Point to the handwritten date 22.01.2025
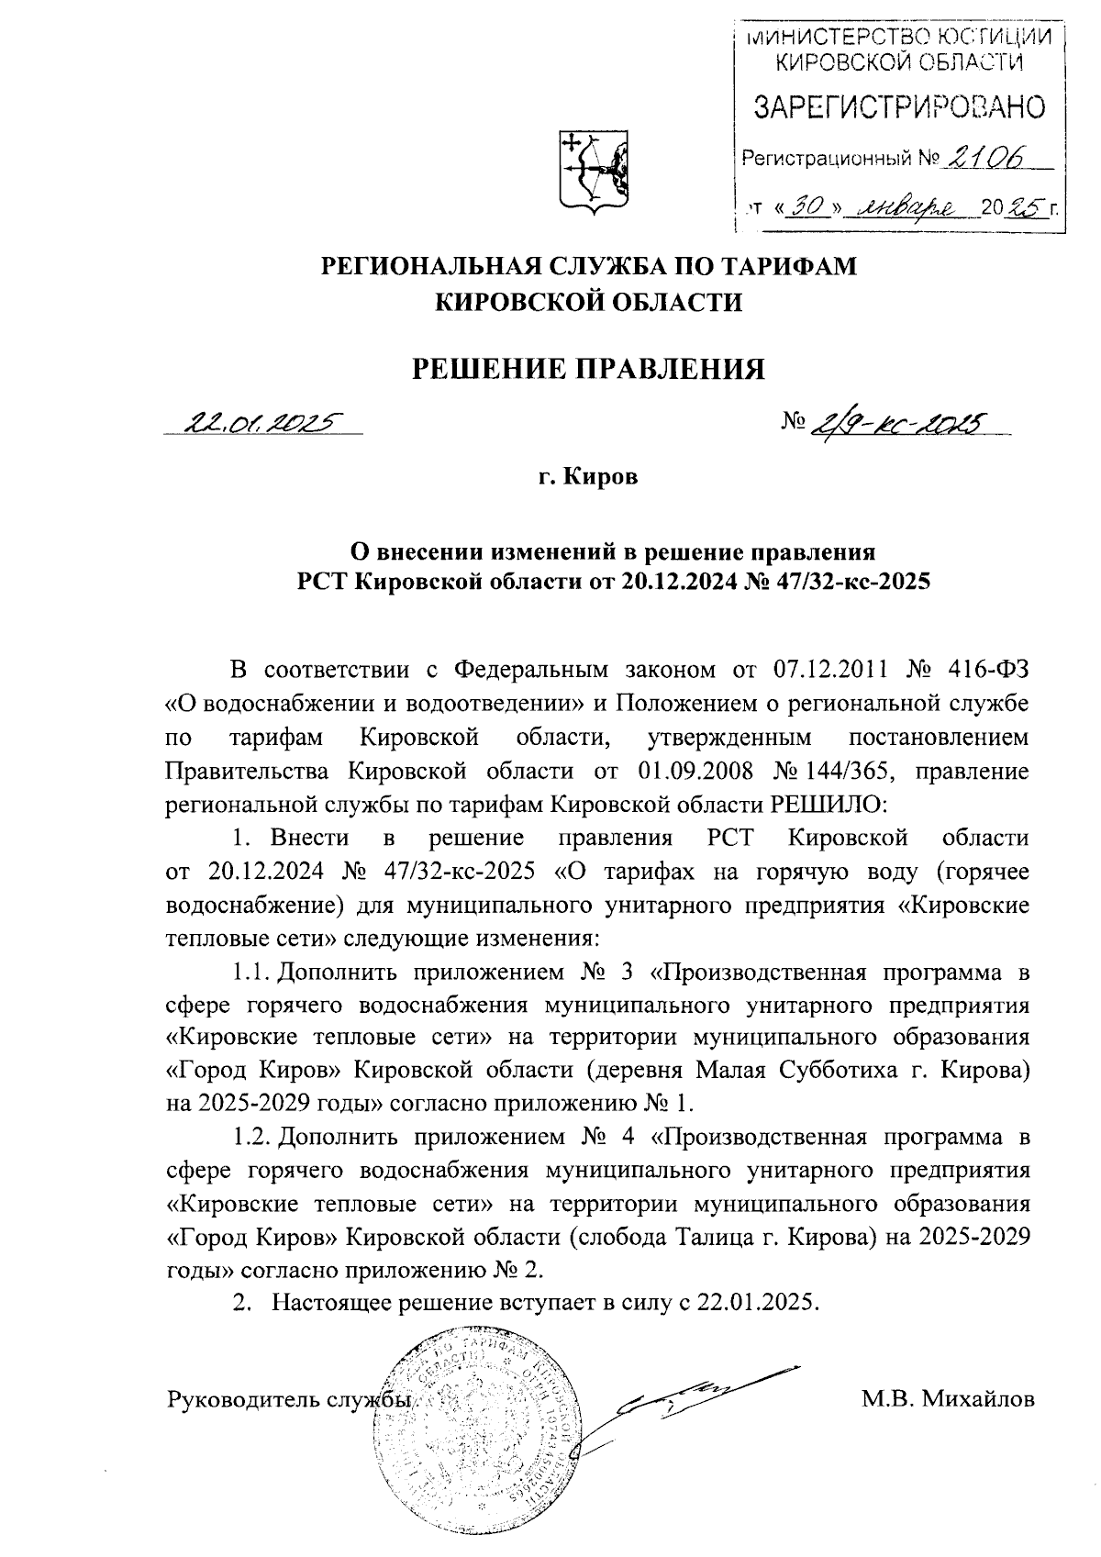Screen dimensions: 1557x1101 261,423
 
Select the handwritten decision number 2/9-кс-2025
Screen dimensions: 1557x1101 899,423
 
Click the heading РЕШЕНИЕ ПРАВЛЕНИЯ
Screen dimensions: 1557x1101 587,369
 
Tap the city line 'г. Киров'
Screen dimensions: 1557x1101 587,477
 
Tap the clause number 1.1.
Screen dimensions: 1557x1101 249,971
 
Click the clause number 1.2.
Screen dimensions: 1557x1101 249,1138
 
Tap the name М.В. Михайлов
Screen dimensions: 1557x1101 948,1400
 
